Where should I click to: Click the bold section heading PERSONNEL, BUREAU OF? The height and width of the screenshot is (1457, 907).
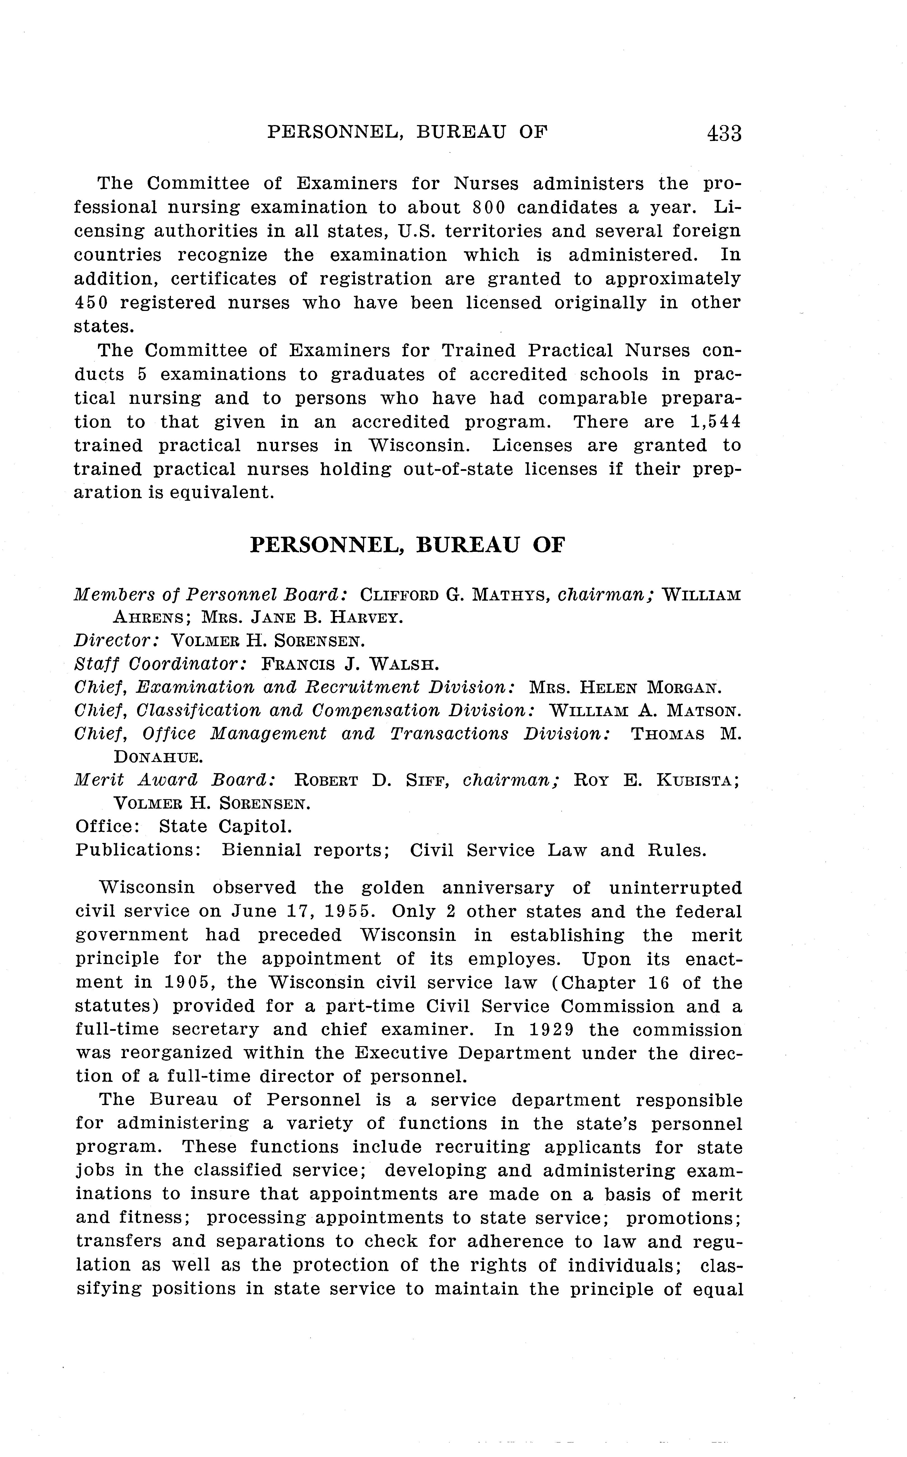(x=407, y=545)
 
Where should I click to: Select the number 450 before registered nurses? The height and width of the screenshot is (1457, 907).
(x=90, y=303)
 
